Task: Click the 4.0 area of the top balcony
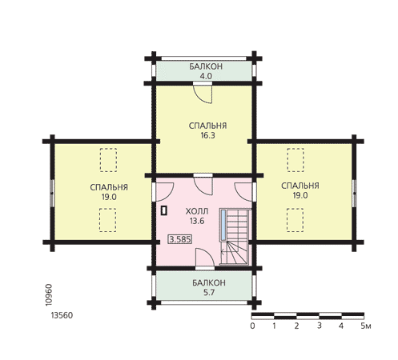[206, 76]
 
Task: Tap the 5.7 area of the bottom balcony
[209, 293]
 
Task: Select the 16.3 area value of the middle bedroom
[207, 135]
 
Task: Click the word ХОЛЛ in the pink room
[197, 211]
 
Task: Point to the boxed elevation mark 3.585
[180, 239]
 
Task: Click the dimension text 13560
[62, 315]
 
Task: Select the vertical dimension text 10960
[49, 295]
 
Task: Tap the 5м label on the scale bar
[366, 326]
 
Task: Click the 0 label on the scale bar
[252, 326]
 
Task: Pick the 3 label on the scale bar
[320, 326]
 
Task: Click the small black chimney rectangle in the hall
[164, 210]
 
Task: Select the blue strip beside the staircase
[223, 225]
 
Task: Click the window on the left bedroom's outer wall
[52, 193]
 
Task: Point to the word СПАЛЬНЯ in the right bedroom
[300, 186]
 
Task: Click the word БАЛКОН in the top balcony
[206, 66]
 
